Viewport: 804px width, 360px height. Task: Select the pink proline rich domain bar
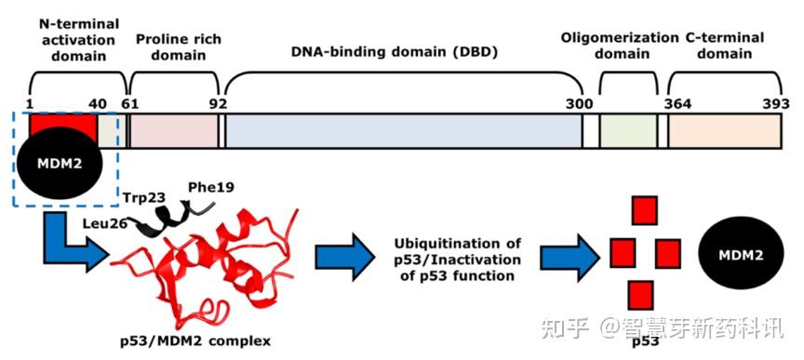pos(172,131)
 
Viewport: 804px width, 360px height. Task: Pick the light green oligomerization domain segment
pos(626,131)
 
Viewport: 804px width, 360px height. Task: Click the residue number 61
pos(130,103)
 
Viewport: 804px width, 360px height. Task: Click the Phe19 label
pos(209,188)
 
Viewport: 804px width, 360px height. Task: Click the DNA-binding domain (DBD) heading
pos(414,52)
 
